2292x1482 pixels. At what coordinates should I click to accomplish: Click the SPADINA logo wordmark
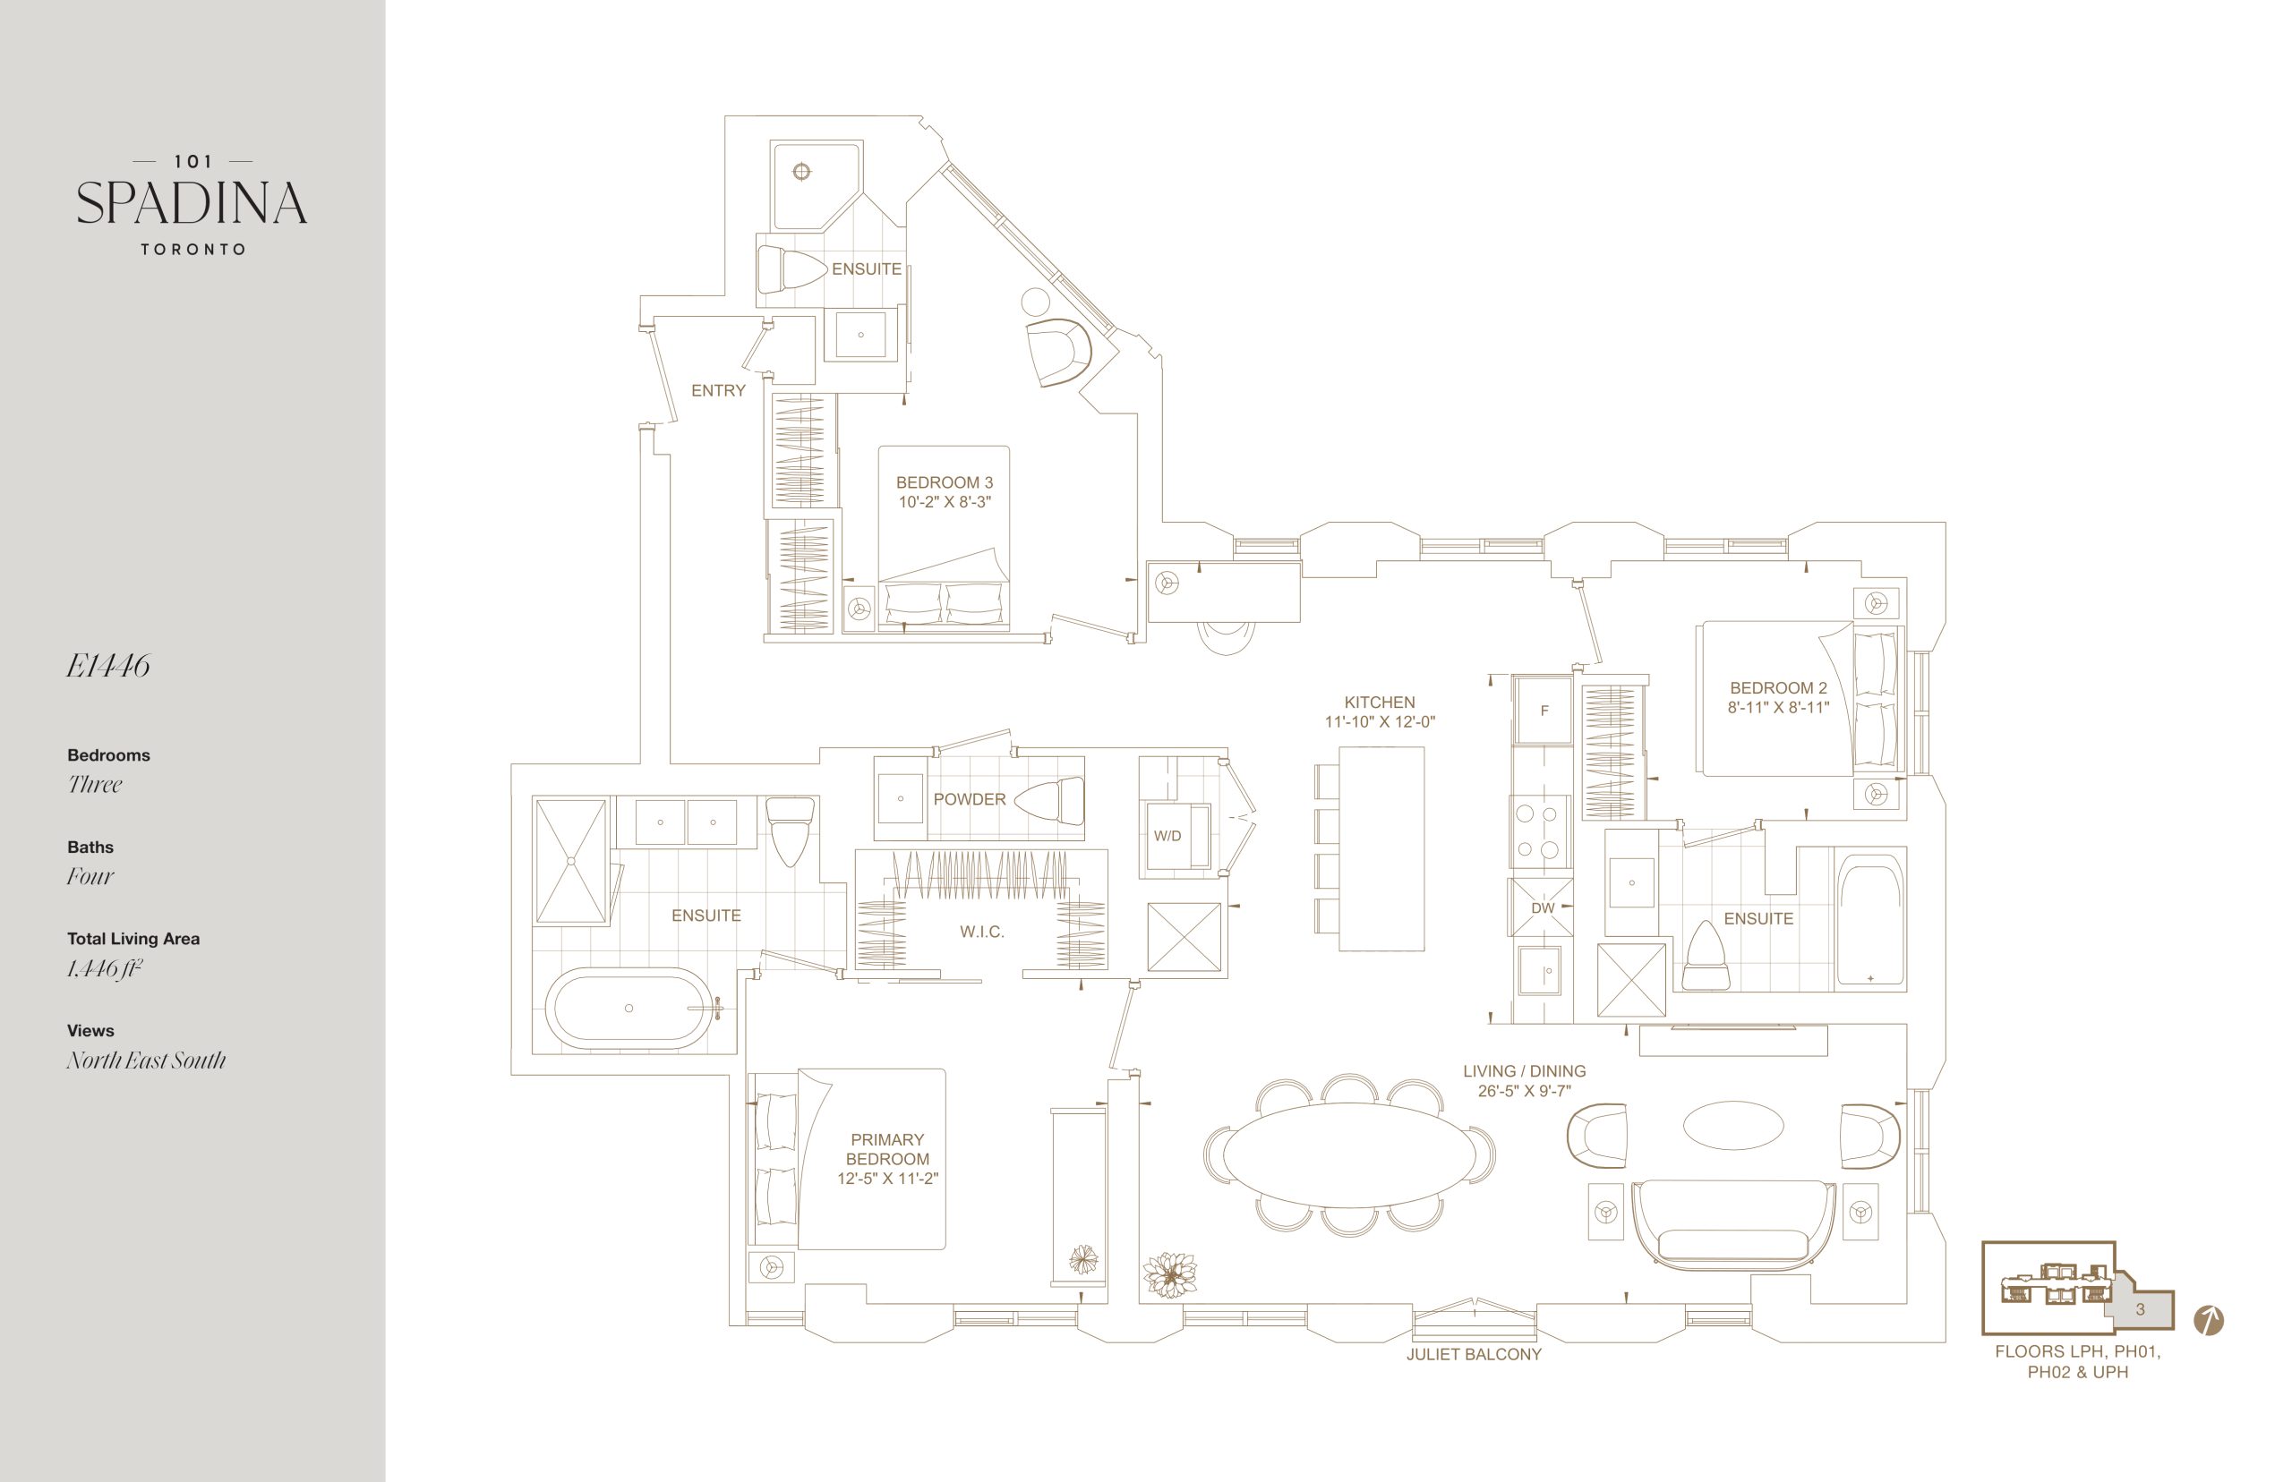192,203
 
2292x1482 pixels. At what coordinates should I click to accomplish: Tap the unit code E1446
107,666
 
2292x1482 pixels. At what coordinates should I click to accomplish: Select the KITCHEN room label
1380,703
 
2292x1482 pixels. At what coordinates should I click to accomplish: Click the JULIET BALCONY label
1474,1354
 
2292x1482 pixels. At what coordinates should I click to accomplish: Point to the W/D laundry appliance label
1167,835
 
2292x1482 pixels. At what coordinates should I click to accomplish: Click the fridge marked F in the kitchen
1544,711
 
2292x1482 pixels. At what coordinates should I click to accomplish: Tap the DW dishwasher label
1542,907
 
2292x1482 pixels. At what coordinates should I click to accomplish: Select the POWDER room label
970,800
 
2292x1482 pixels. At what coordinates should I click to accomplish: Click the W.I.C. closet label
982,932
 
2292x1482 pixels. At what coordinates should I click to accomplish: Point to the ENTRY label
718,391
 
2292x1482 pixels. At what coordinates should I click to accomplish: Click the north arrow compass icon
2208,1320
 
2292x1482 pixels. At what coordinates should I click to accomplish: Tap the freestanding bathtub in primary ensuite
629,1008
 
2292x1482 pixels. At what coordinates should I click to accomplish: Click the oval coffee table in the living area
1732,1125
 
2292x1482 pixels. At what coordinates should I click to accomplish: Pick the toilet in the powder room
1050,801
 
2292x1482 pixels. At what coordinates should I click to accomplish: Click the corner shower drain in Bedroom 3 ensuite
801,172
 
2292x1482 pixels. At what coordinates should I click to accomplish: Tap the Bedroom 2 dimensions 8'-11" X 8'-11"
1778,707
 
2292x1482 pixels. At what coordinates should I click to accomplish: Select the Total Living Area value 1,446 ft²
104,968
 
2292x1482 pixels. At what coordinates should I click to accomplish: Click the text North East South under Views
146,1060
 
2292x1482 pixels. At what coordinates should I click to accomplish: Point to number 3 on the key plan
2140,1308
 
